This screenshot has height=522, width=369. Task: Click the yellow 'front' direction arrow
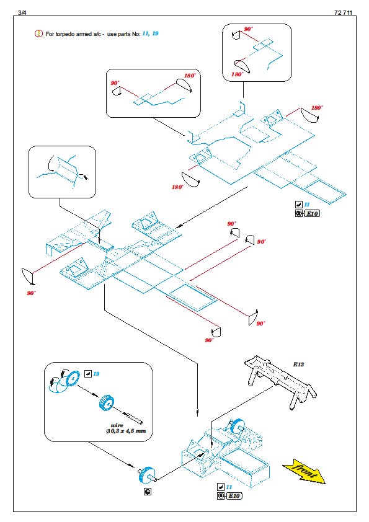click(x=304, y=471)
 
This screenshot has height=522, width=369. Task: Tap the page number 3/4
click(x=22, y=12)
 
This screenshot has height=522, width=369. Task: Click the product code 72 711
click(x=343, y=12)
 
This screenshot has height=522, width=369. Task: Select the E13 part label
click(x=298, y=364)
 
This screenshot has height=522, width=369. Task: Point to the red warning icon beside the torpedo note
click(x=38, y=33)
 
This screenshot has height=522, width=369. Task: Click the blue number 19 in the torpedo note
click(x=155, y=33)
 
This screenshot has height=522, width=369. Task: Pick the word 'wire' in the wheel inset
click(x=117, y=425)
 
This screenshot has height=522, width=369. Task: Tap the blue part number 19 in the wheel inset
click(x=96, y=374)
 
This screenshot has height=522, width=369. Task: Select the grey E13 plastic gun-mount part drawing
click(x=280, y=381)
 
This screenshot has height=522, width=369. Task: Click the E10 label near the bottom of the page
click(x=234, y=496)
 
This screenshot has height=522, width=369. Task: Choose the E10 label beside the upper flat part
click(x=312, y=213)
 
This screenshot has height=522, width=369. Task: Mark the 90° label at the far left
click(x=31, y=293)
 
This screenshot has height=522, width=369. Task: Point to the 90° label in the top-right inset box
click(x=248, y=29)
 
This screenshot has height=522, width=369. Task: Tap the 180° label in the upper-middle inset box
click(x=190, y=76)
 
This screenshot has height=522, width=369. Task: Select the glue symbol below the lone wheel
click(x=148, y=492)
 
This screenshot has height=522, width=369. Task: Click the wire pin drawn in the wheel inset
click(x=134, y=418)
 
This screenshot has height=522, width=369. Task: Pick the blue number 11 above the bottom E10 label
click(x=229, y=487)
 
